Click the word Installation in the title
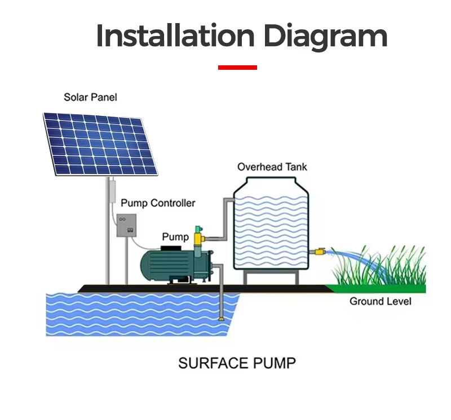click(x=175, y=35)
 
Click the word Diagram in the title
click(x=325, y=37)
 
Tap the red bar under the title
click(x=237, y=68)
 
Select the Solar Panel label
click(x=90, y=97)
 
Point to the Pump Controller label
click(x=158, y=203)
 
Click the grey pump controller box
click(x=126, y=226)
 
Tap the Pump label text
click(x=175, y=236)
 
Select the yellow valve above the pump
click(x=198, y=238)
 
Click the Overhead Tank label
click(x=272, y=167)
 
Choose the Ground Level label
click(x=381, y=301)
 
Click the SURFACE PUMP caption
click(x=237, y=363)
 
